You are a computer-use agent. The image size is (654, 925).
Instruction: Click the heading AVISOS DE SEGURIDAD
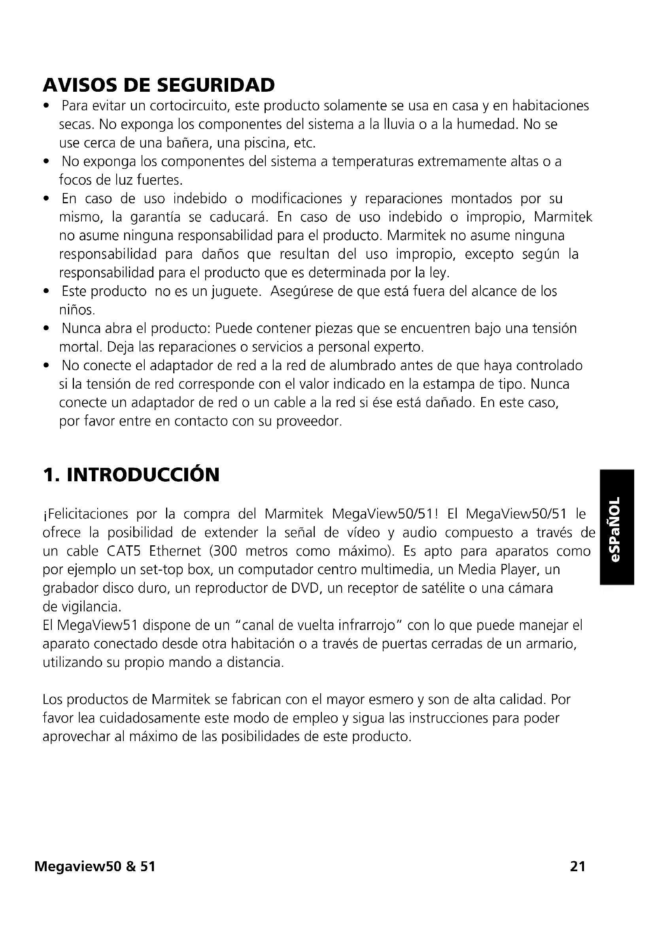(159, 85)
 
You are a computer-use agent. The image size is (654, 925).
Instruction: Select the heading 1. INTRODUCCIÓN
(131, 475)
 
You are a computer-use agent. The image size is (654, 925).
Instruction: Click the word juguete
(236, 291)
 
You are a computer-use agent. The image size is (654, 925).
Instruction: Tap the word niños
(77, 310)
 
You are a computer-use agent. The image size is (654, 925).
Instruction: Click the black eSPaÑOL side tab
(617, 528)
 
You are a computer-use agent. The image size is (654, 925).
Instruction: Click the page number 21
(577, 866)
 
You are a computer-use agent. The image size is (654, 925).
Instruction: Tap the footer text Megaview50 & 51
(95, 866)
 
